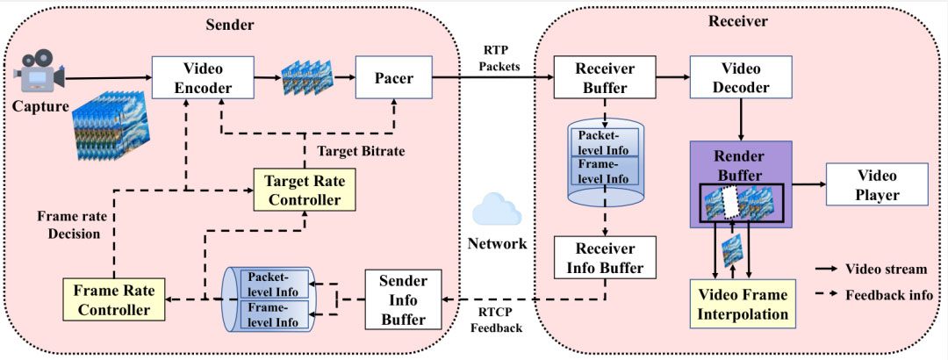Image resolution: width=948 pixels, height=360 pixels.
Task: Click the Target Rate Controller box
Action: pos(305,190)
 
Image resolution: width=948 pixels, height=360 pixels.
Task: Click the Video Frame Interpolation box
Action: pos(741,303)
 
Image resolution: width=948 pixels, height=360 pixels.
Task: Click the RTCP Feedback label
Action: pos(496,319)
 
